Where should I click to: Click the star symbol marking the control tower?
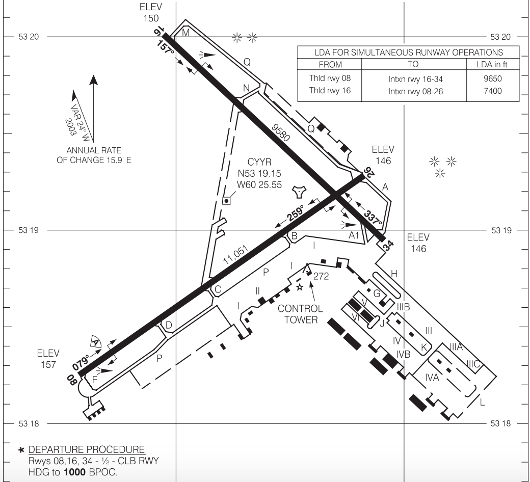pyautogui.click(x=300, y=287)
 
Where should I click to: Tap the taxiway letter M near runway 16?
pyautogui.click(x=185, y=33)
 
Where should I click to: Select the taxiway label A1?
pyautogui.click(x=355, y=235)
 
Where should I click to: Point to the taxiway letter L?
pyautogui.click(x=482, y=404)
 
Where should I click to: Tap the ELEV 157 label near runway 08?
pyautogui.click(x=48, y=359)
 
